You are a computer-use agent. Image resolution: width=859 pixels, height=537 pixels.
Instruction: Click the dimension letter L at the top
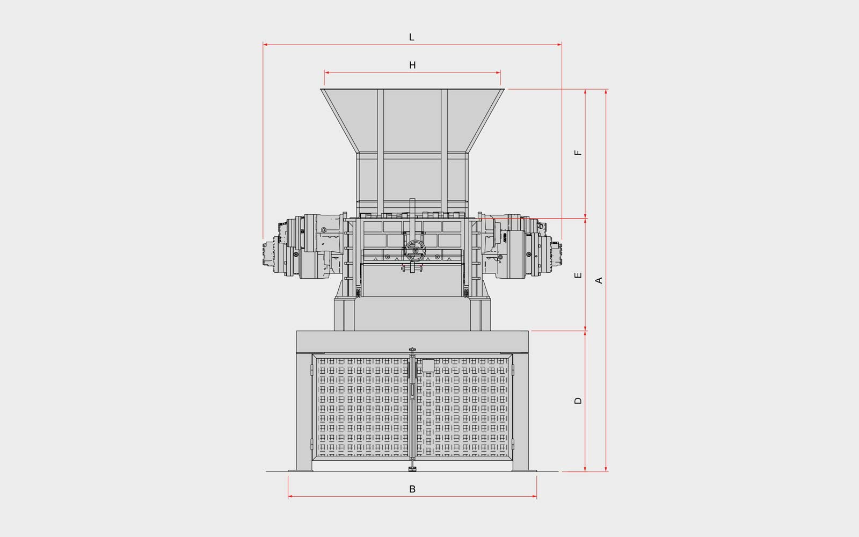click(411, 37)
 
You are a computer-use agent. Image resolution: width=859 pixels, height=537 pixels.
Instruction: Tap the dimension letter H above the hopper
click(412, 65)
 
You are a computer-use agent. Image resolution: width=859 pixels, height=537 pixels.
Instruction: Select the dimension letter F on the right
click(578, 153)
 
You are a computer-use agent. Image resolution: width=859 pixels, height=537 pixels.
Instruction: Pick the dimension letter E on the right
click(578, 275)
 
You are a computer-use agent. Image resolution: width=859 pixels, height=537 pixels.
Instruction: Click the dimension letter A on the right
click(599, 280)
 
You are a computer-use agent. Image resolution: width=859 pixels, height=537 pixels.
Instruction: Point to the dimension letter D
click(578, 401)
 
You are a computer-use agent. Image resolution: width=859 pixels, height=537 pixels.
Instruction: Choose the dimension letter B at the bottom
click(412, 489)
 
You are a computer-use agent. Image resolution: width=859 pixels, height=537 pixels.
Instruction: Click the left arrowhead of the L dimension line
click(265, 45)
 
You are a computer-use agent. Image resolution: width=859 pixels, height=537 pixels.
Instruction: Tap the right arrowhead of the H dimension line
click(498, 72)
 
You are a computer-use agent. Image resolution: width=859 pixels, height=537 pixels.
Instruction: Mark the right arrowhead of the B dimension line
click(534, 496)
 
